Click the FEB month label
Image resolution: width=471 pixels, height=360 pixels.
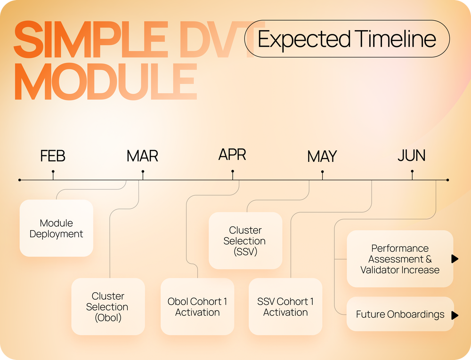click(53, 156)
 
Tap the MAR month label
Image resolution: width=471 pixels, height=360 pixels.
click(142, 156)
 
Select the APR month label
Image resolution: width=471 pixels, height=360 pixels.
click(232, 154)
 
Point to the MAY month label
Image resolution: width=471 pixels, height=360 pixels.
click(322, 156)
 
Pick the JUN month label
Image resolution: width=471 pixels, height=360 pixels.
click(412, 155)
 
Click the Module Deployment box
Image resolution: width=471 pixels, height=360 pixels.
click(57, 228)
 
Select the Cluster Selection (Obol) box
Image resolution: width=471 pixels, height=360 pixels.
click(108, 307)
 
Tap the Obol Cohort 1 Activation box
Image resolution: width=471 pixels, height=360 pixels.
click(197, 307)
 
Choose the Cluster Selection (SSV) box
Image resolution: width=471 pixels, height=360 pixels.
click(245, 240)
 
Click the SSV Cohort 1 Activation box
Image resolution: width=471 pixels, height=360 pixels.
click(285, 307)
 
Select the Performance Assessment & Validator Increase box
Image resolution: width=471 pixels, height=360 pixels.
click(400, 259)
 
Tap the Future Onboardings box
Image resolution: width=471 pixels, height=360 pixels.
click(400, 314)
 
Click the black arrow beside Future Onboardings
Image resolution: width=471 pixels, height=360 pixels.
click(455, 315)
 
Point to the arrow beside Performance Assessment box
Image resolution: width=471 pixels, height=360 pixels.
click(455, 259)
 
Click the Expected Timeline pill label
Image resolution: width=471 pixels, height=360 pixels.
click(347, 39)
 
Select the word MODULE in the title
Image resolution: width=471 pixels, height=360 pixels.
click(106, 81)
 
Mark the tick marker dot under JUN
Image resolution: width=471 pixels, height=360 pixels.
click(412, 171)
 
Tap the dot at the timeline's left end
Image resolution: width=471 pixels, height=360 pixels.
click(19, 180)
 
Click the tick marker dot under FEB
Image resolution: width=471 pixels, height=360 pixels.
click(53, 171)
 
